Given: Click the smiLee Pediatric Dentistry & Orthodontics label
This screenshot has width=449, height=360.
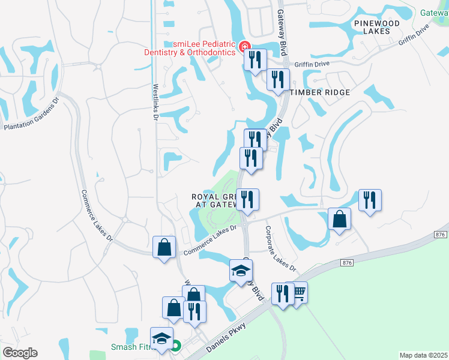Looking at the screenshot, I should tap(189, 47).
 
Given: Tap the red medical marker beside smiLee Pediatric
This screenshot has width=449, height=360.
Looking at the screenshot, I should tap(244, 46).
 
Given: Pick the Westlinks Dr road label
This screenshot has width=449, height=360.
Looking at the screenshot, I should tap(155, 103).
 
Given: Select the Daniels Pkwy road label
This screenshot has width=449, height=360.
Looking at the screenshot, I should tap(226, 338).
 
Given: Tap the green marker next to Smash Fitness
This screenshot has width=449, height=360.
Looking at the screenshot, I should tap(175, 346).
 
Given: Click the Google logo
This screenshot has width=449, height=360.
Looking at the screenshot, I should tap(20, 353).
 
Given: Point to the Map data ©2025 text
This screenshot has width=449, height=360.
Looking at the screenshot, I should tap(423, 355).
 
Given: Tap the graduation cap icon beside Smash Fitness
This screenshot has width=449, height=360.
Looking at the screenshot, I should tap(161, 339).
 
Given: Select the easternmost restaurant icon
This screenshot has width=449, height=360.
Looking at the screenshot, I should tap(370, 200).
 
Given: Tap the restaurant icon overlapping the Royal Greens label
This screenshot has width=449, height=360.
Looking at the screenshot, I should tap(247, 199).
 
